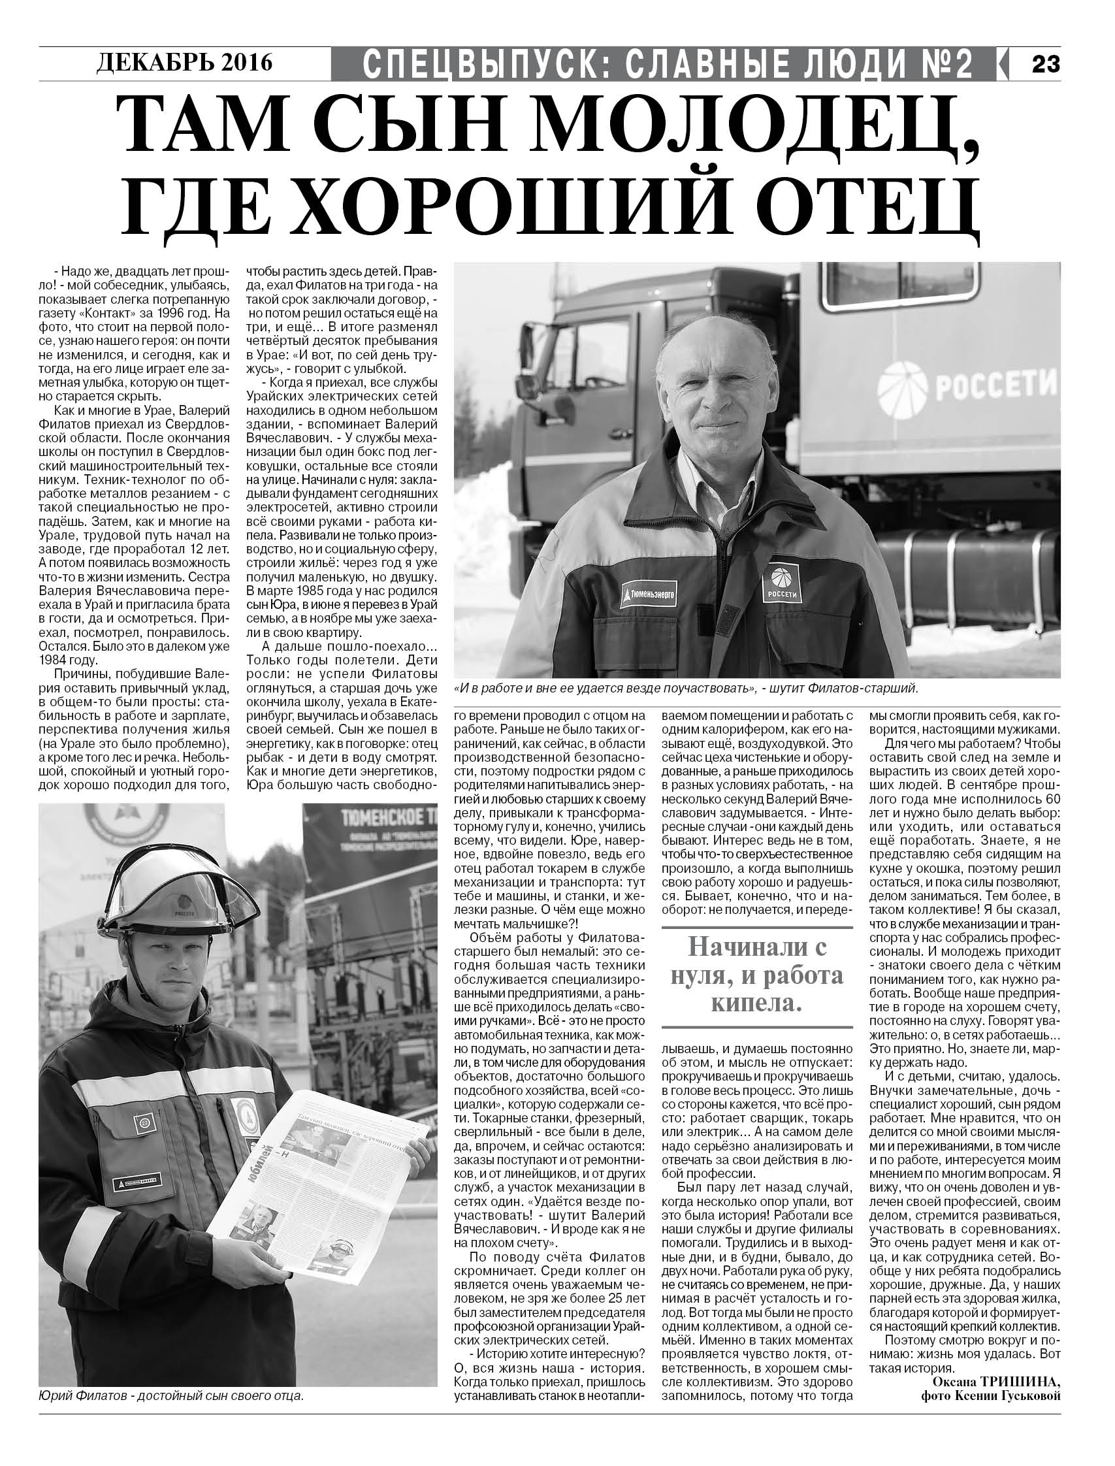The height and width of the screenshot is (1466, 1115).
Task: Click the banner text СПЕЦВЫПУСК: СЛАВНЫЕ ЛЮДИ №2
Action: pyautogui.click(x=668, y=64)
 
